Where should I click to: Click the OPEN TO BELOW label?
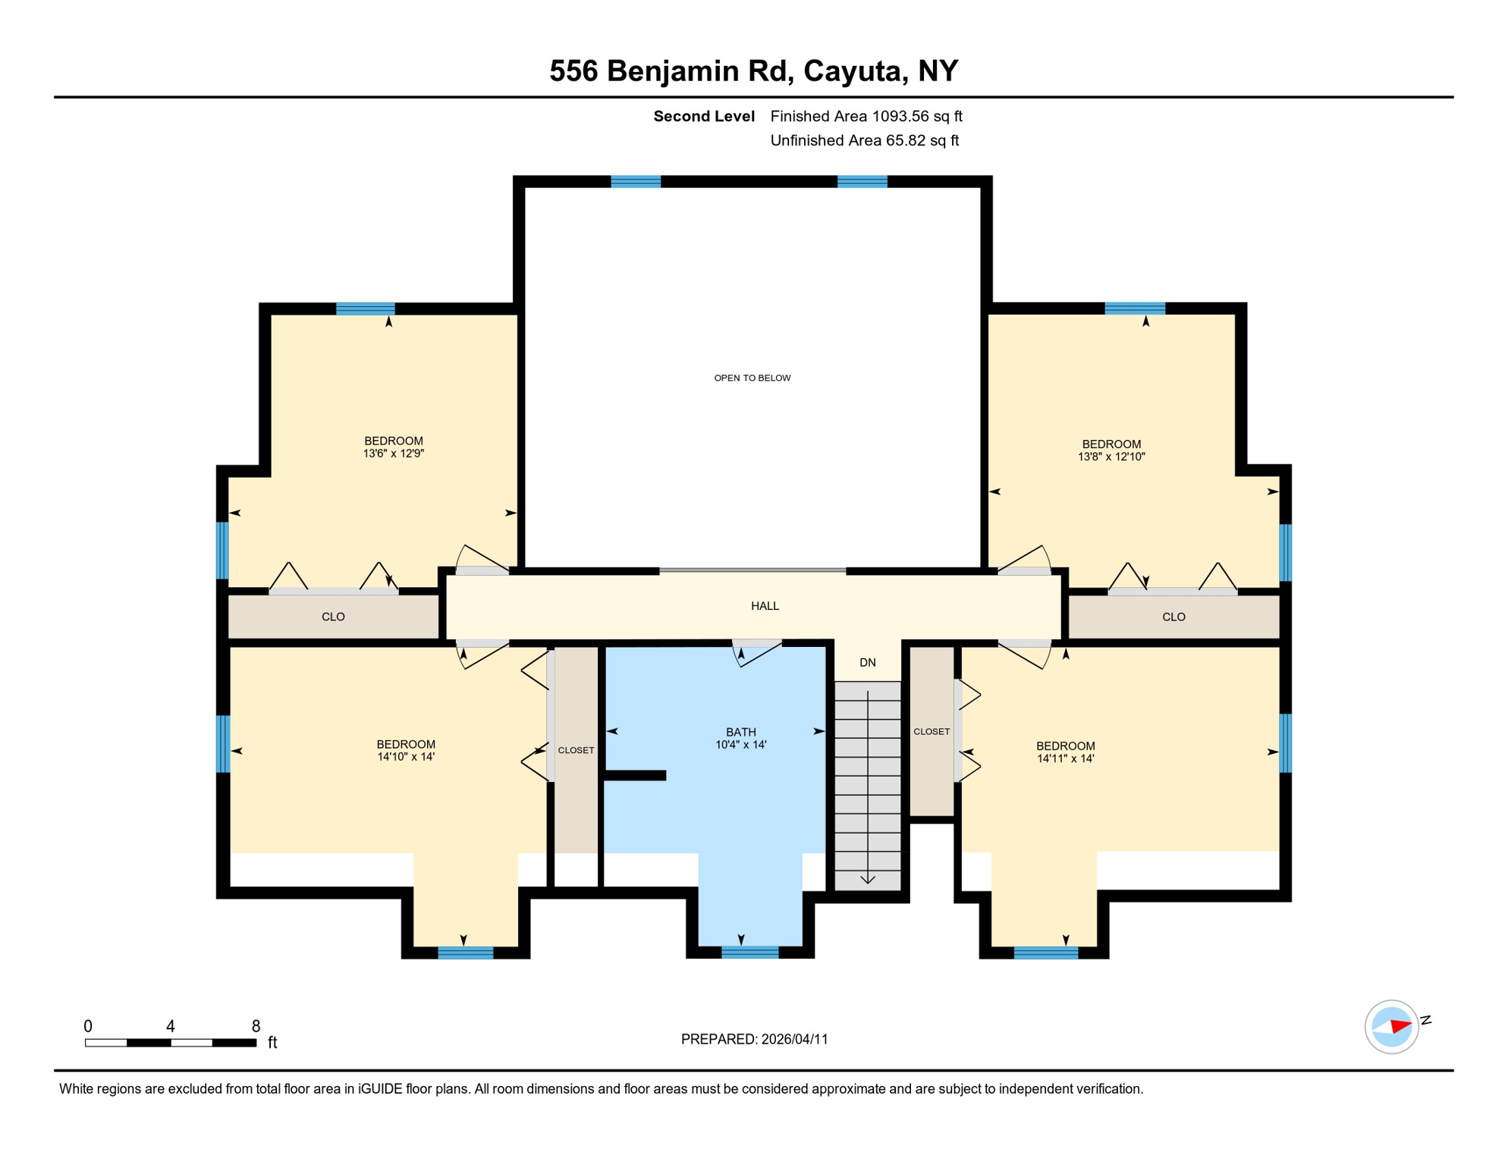coord(752,378)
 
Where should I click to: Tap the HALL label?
coord(765,606)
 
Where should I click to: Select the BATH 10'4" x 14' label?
coord(740,738)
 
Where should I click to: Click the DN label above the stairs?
coord(867,662)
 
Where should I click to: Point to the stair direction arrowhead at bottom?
coord(867,880)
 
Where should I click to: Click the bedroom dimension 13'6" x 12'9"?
coord(393,454)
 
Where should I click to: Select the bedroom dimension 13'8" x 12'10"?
coord(1111,457)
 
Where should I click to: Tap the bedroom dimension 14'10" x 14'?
coord(405,757)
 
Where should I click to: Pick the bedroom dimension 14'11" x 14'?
coord(1065,758)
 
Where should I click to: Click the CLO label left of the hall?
coord(333,617)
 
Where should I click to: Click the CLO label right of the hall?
coord(1173,617)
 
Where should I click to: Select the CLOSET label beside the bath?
coord(576,750)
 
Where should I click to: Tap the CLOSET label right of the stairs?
coord(931,731)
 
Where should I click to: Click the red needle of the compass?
coord(1400,1027)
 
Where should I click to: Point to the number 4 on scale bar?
coord(171,1026)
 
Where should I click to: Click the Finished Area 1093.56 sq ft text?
coord(866,116)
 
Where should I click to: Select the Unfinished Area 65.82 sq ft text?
coord(864,140)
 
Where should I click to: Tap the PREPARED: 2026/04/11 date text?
coord(754,1039)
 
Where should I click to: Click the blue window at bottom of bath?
coord(749,953)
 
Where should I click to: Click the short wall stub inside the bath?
coord(634,774)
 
